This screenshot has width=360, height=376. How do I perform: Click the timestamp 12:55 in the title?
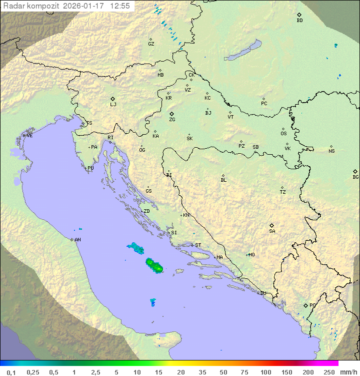click(x=120, y=6)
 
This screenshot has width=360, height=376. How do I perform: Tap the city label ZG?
click(x=172, y=120)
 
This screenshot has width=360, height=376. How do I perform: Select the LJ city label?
click(x=113, y=105)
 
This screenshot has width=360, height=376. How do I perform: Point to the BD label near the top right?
click(x=299, y=21)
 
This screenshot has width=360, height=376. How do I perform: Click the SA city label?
click(x=272, y=231)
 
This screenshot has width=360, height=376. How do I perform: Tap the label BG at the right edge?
click(x=355, y=177)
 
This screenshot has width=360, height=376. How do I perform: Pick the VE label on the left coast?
click(x=29, y=136)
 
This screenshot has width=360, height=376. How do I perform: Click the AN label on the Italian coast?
click(x=77, y=240)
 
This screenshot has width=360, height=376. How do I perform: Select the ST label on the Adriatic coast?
click(x=198, y=245)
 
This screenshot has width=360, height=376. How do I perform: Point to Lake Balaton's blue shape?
click(x=242, y=51)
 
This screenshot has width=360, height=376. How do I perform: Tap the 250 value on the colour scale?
click(x=328, y=372)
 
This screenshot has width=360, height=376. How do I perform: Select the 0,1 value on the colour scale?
click(x=11, y=372)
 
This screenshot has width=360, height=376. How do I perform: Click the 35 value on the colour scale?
click(x=202, y=372)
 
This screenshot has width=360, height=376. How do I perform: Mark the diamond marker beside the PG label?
click(x=305, y=305)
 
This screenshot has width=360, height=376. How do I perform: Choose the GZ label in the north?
click(x=151, y=44)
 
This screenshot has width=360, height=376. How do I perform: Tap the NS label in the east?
click(x=331, y=151)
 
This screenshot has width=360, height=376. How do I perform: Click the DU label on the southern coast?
click(x=263, y=293)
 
